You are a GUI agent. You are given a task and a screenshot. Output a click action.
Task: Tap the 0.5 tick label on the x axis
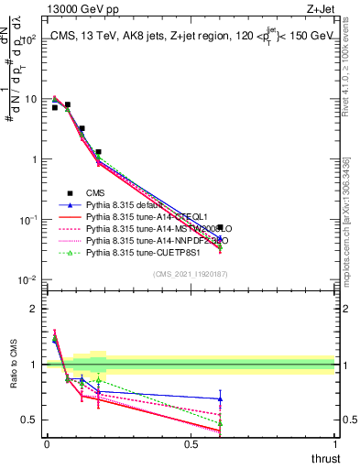191,444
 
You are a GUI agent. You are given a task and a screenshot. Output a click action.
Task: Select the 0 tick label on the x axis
47,444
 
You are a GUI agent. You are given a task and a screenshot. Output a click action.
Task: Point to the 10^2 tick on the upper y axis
27,38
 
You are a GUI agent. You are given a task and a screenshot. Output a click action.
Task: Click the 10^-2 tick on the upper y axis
27,280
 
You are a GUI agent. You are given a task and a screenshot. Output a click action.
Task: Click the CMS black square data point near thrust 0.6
220,227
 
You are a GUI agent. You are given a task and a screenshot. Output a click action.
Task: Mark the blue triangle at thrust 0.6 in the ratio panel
220,398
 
